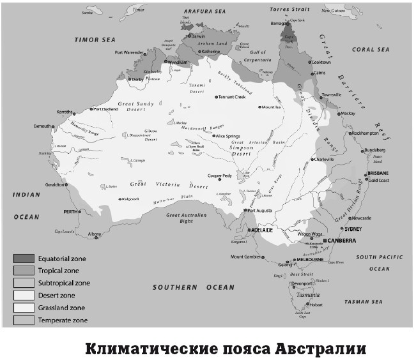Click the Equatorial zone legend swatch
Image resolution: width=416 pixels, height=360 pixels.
tap(24, 259)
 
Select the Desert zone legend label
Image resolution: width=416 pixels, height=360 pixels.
tap(59, 295)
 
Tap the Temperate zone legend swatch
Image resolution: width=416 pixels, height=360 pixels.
tap(24, 320)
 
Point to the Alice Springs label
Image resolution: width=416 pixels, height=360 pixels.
tap(231, 136)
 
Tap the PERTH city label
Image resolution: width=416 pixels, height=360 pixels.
tap(69, 211)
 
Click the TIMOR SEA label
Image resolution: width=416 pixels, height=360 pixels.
tap(93, 40)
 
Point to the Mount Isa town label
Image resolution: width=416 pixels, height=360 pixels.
tap(271, 107)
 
